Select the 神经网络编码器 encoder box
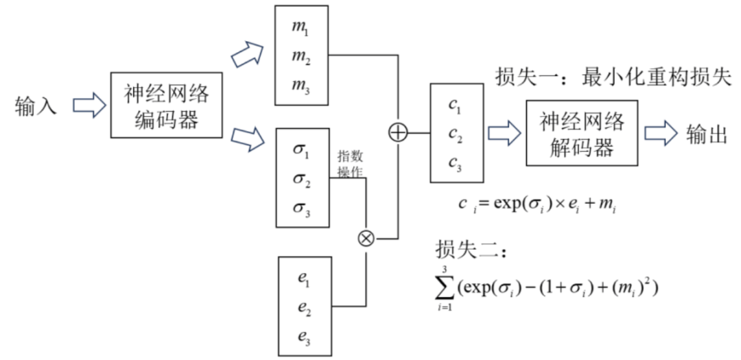(167, 106)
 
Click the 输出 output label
(706, 134)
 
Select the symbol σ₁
(302, 149)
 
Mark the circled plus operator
(398, 132)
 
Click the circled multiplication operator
(366, 238)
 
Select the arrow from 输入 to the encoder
(88, 106)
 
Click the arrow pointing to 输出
(659, 133)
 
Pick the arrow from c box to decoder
(503, 133)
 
